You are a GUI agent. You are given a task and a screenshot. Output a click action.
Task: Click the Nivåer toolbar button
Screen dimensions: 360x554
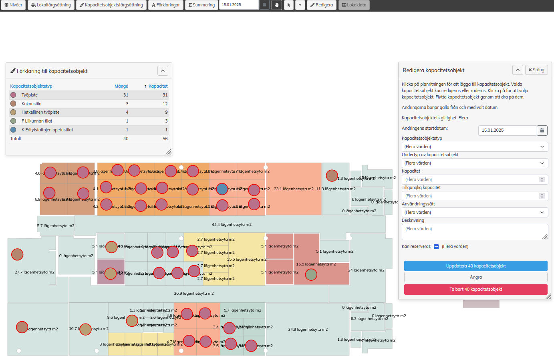pos(13,5)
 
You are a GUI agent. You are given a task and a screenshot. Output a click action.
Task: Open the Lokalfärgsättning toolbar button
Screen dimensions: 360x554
pos(51,5)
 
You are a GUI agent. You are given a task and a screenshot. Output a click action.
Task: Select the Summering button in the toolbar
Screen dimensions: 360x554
pos(202,5)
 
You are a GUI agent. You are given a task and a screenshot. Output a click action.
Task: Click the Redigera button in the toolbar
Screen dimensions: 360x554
pos(322,5)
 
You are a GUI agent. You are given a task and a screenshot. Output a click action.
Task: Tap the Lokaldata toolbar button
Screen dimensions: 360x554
pos(354,5)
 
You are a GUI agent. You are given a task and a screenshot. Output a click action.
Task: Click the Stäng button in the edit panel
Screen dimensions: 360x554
pos(536,70)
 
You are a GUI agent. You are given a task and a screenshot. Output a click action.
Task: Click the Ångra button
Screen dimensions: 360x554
pos(475,277)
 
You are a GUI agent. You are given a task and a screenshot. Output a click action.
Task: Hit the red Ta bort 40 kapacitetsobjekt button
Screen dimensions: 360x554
pos(475,289)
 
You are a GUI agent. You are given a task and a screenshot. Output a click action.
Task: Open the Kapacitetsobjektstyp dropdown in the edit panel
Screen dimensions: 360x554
pos(475,147)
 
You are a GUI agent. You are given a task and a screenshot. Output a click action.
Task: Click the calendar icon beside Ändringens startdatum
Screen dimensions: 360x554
pos(542,130)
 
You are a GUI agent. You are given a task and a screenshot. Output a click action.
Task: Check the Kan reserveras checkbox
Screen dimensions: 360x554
pos(436,247)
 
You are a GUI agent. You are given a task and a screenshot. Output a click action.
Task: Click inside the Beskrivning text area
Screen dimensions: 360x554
pos(475,232)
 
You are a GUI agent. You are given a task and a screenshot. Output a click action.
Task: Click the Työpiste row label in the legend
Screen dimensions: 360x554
pos(30,95)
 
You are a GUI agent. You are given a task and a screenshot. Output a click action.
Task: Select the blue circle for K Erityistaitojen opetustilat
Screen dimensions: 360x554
pos(13,130)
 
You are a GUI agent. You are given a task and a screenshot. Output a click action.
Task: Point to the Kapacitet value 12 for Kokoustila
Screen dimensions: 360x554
pos(165,104)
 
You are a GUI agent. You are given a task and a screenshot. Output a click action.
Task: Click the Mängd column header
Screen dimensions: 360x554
pos(121,86)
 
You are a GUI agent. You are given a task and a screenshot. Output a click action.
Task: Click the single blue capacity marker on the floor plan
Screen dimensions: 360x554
pos(222,189)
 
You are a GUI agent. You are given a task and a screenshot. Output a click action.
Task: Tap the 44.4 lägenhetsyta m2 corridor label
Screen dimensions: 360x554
pos(232,225)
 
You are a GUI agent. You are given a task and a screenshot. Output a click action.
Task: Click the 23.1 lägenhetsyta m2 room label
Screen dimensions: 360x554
pos(294,189)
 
